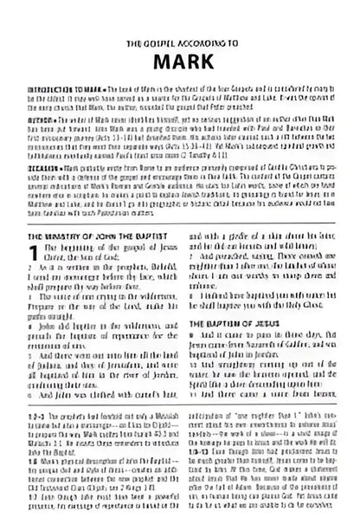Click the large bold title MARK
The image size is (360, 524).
tap(180, 62)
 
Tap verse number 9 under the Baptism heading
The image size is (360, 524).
tap(191, 334)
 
